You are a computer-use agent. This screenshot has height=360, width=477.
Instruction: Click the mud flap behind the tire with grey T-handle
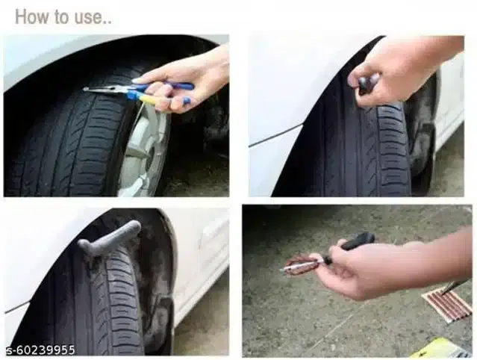(x=161, y=314)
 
